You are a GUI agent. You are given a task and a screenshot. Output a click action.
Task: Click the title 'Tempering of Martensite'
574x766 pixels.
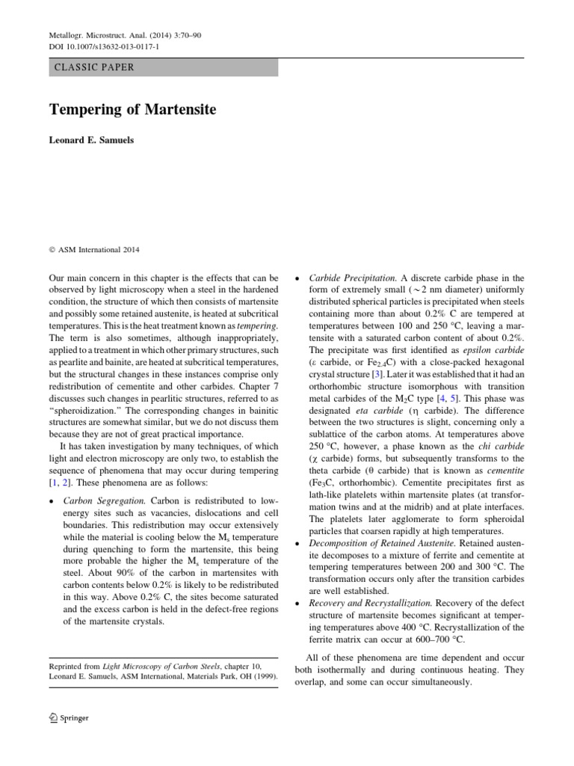pyautogui.click(x=132, y=110)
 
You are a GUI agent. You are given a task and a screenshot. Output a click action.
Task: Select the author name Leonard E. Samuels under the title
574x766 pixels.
pyautogui.click(x=91, y=140)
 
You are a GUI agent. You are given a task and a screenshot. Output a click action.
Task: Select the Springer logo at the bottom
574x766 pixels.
pyautogui.click(x=69, y=717)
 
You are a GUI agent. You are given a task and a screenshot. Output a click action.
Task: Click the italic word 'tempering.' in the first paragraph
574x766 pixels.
pyautogui.click(x=257, y=328)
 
